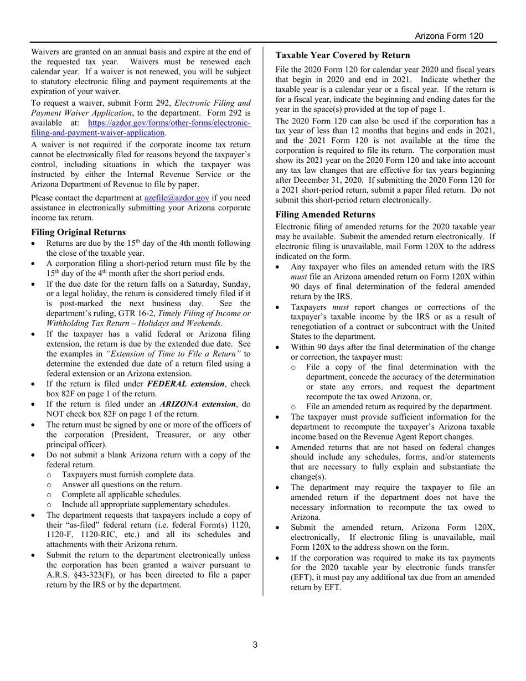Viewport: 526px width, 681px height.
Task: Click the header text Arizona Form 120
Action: pyautogui.click(x=449, y=36)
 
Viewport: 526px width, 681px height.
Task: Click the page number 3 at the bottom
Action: pyautogui.click(x=255, y=644)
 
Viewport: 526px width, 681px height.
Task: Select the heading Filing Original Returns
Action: pyautogui.click(x=78, y=232)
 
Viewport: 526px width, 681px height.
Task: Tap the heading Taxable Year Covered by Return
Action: pyautogui.click(x=343, y=55)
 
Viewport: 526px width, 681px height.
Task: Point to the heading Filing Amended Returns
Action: pyautogui.click(x=325, y=214)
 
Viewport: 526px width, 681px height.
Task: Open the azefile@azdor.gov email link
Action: pyautogui.click(x=177, y=198)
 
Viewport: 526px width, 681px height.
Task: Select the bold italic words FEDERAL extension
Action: pyautogui.click(x=185, y=384)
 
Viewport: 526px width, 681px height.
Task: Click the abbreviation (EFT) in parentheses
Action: pyautogui.click(x=302, y=577)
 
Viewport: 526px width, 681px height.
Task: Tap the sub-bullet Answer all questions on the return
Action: pyautogui.click(x=122, y=484)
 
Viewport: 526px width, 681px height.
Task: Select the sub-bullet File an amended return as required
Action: pyautogui.click(x=399, y=406)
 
